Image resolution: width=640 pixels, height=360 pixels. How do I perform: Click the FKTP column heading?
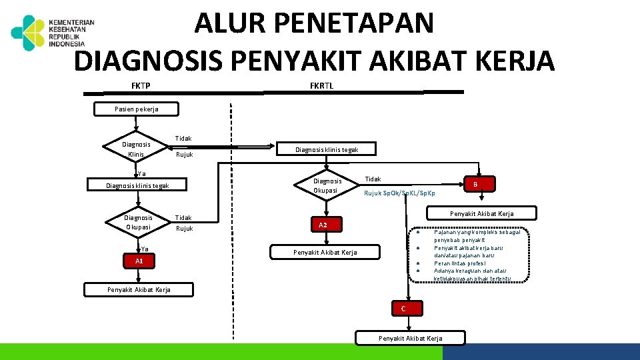pyautogui.click(x=141, y=85)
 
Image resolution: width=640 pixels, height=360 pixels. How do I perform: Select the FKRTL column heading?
pyautogui.click(x=322, y=85)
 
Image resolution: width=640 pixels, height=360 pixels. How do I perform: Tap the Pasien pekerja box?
pyautogui.click(x=137, y=109)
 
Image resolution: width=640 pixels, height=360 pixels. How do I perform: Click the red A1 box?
pyautogui.click(x=139, y=261)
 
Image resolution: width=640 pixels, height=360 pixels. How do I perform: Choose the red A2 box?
pyautogui.click(x=323, y=225)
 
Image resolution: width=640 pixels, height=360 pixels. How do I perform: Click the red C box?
pyautogui.click(x=403, y=309)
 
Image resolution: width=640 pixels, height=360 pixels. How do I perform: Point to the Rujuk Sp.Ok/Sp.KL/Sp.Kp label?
pyautogui.click(x=399, y=193)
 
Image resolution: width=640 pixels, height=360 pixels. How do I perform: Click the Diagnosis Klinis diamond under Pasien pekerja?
pyautogui.click(x=136, y=149)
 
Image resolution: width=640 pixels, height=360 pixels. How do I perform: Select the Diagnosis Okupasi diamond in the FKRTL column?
pyautogui.click(x=327, y=186)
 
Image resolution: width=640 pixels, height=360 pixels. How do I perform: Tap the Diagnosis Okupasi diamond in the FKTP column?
pyautogui.click(x=138, y=222)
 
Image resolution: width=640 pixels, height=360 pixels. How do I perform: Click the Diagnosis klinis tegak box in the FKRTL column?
pyautogui.click(x=327, y=149)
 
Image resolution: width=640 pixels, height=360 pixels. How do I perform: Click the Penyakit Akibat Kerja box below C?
pyautogui.click(x=410, y=338)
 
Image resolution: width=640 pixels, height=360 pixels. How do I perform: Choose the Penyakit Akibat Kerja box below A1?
pyautogui.click(x=139, y=289)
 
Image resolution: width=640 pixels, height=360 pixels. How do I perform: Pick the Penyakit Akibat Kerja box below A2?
pyautogui.click(x=325, y=252)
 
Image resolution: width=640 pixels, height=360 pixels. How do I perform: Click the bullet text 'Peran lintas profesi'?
pyautogui.click(x=460, y=263)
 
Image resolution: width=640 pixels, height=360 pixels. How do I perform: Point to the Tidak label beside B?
pyautogui.click(x=373, y=179)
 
